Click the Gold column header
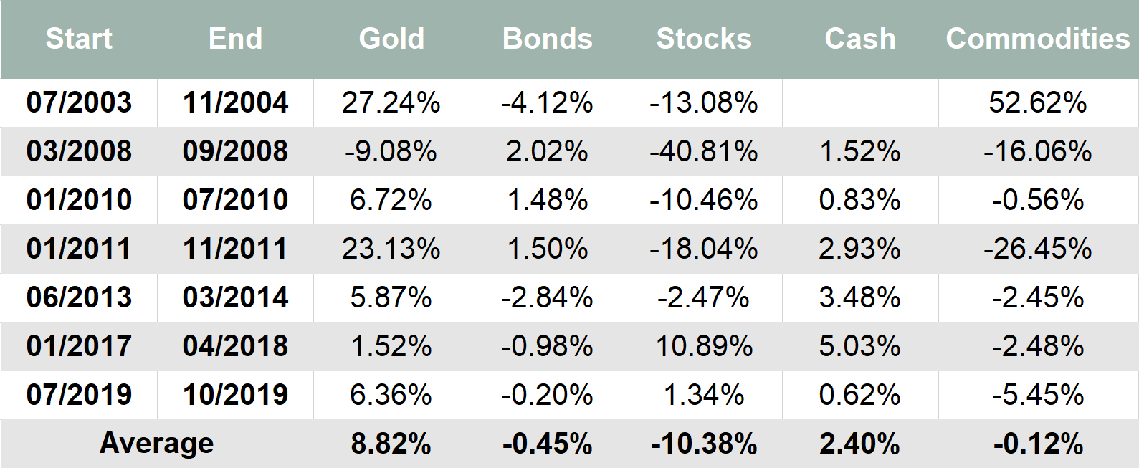(391, 39)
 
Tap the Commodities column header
(1037, 39)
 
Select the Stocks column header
(704, 39)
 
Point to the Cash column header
(860, 39)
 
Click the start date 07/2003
(79, 102)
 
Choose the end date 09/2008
(235, 151)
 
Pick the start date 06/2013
(79, 297)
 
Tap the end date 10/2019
(235, 395)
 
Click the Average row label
(156, 444)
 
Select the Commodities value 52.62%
(1037, 102)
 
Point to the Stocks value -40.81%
(704, 151)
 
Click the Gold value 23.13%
(391, 249)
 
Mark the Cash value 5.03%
(860, 346)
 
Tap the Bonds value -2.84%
(548, 297)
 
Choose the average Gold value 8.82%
(391, 444)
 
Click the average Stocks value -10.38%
(704, 444)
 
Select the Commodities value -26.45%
(1037, 249)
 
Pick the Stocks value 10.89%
(704, 346)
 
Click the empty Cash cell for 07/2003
(860, 102)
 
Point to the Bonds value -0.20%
(548, 395)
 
